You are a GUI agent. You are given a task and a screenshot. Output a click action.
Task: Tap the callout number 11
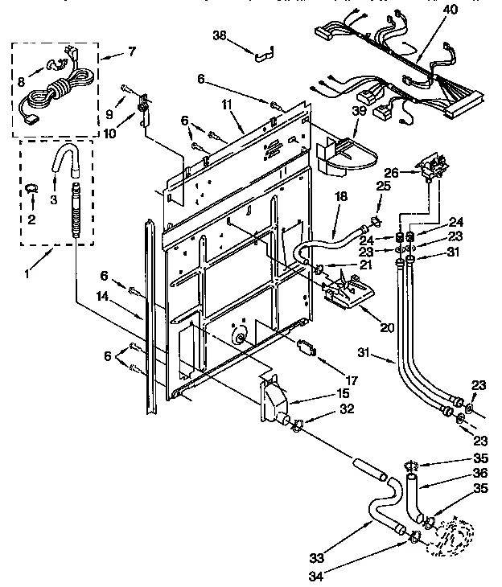(x=227, y=105)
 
